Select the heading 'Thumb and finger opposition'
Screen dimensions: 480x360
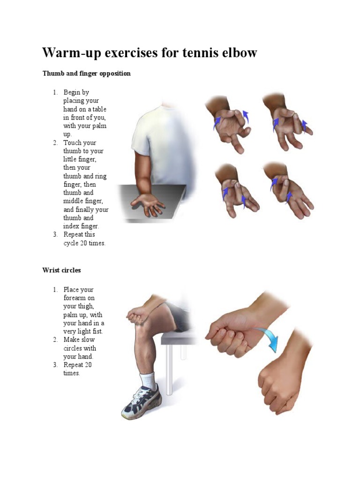click(x=86, y=74)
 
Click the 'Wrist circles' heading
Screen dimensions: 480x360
click(x=61, y=270)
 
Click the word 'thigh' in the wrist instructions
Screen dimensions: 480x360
click(x=85, y=306)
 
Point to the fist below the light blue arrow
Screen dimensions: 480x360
click(x=277, y=384)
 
